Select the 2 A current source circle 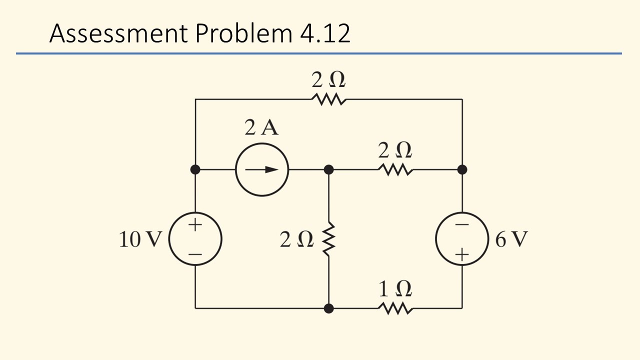click(x=262, y=169)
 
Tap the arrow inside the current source click(x=264, y=169)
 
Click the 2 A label click(x=261, y=128)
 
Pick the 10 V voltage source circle click(x=195, y=239)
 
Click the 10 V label click(x=140, y=240)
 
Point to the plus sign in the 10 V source click(x=195, y=224)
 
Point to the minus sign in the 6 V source click(x=461, y=225)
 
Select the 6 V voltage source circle click(x=461, y=239)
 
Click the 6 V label click(x=511, y=240)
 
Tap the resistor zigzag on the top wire click(x=328, y=99)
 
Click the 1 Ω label click(x=395, y=289)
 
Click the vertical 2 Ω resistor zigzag click(x=328, y=239)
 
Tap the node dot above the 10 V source click(x=195, y=169)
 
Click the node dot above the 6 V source click(x=462, y=169)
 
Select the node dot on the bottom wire click(x=328, y=308)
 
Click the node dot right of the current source click(x=328, y=169)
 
